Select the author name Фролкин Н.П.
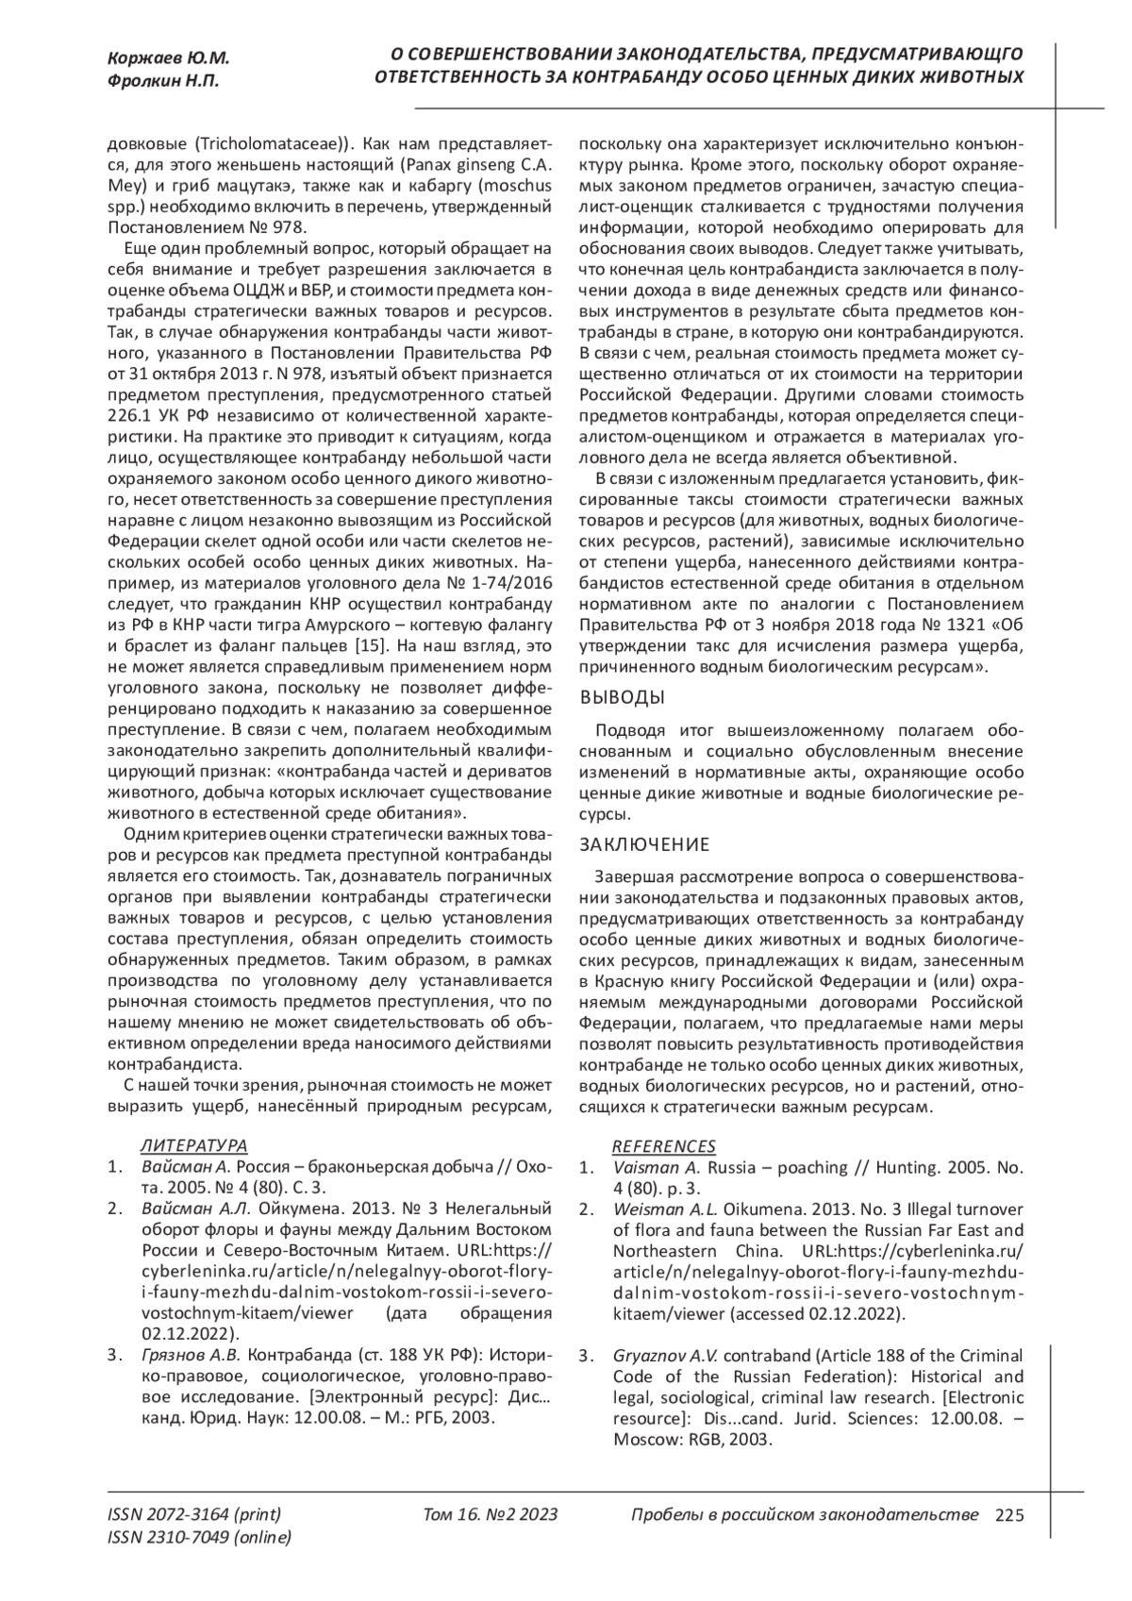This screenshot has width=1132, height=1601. pos(163,81)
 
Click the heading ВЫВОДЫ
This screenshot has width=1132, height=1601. pos(622,698)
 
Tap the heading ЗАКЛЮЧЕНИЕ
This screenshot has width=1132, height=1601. pos(643,843)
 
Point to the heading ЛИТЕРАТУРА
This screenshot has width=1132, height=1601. pos(193,1145)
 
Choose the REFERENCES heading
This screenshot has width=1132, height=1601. pos(664,1146)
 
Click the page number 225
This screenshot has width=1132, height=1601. pos(1009,1515)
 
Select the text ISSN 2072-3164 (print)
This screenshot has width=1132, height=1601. pos(194,1515)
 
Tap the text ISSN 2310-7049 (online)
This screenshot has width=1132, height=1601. pos(200,1538)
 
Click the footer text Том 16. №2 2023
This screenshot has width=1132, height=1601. pos(491,1515)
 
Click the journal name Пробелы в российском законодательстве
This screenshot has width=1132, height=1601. pos(804,1515)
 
